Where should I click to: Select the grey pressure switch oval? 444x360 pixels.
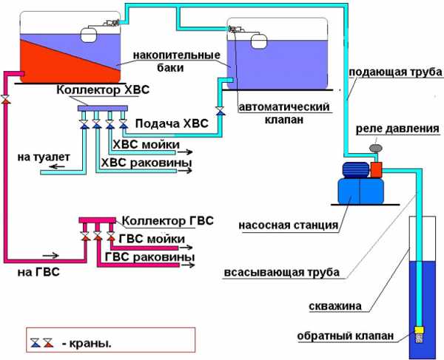point(375,149)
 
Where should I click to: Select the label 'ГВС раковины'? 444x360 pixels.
point(150,257)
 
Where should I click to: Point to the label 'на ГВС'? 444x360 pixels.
point(36,273)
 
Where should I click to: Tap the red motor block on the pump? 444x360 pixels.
point(375,170)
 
